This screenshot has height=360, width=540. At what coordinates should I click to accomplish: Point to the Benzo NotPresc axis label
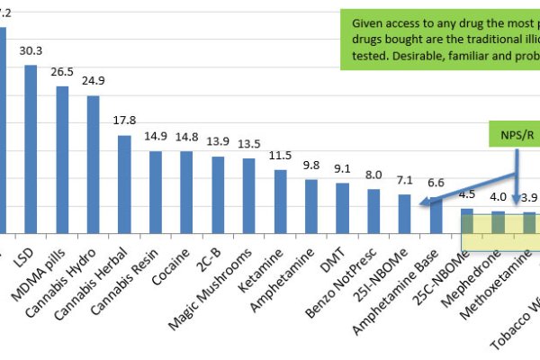355,274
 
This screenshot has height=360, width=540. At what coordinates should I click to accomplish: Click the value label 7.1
404,181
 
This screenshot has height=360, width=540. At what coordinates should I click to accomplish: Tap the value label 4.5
467,194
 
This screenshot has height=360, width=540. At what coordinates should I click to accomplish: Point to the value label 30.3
31,50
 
